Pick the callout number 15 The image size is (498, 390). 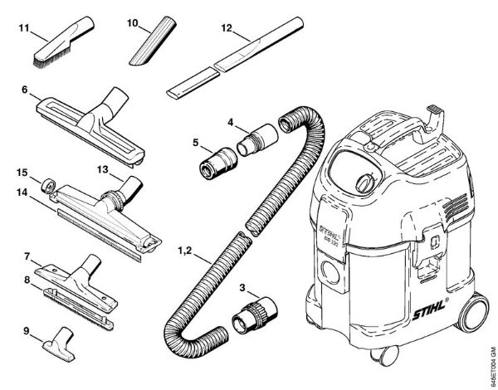25,173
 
